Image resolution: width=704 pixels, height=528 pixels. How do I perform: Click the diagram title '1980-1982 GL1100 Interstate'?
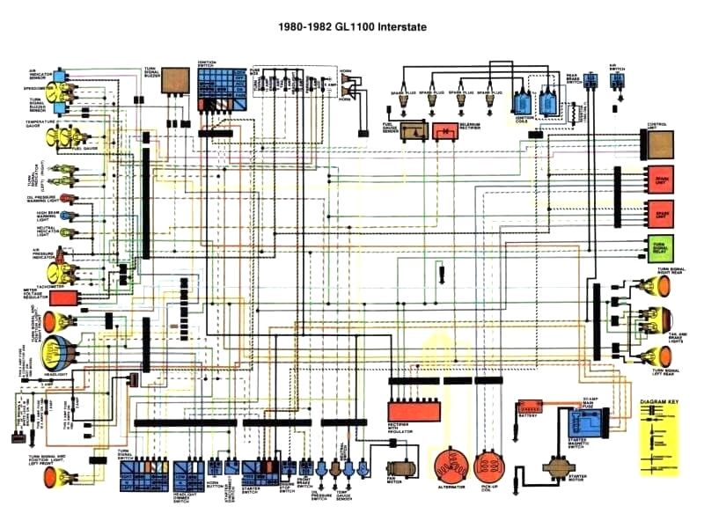351,27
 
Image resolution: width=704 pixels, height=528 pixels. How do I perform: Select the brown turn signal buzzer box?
176,80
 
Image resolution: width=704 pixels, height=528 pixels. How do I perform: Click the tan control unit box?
661,143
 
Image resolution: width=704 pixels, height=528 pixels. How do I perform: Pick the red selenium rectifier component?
446,131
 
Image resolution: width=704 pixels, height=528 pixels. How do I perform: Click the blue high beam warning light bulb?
63,215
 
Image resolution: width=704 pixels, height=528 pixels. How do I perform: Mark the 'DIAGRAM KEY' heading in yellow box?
659,402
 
